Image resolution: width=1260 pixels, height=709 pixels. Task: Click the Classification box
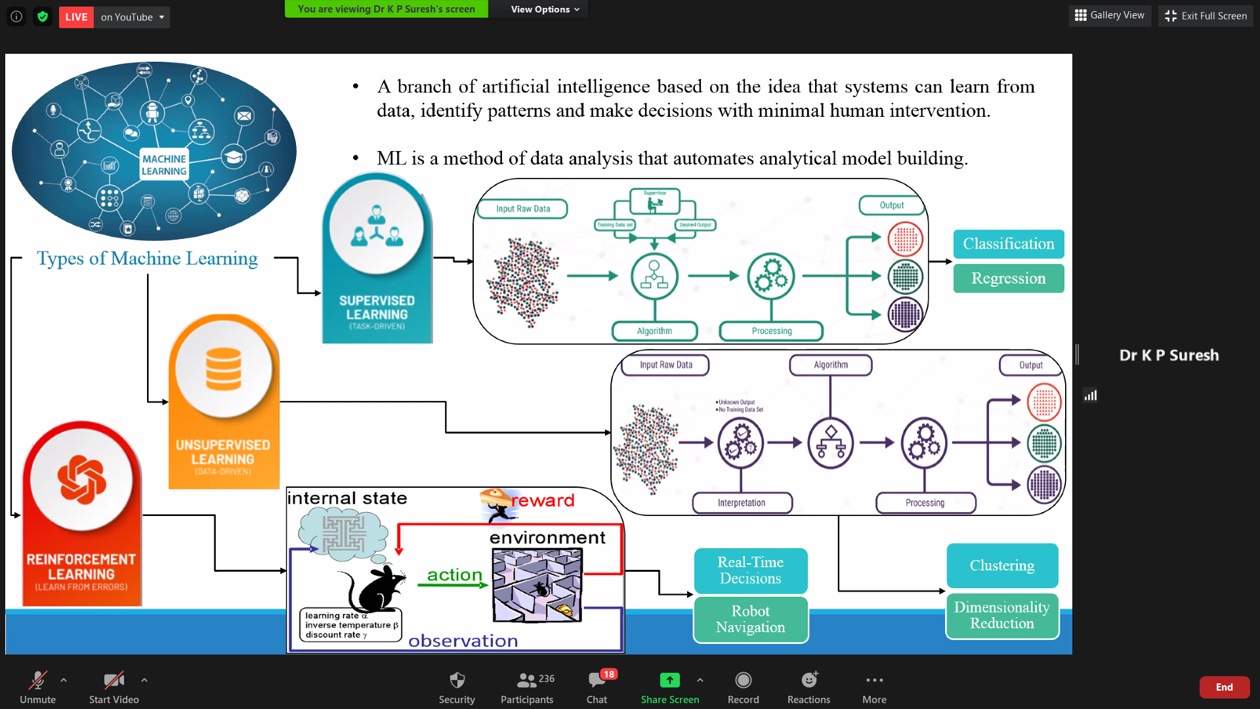pos(1008,244)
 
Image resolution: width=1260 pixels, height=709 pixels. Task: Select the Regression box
pos(1008,278)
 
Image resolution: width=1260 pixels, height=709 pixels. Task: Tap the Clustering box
pos(1002,566)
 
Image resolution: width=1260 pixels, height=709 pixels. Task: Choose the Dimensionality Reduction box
pos(1001,616)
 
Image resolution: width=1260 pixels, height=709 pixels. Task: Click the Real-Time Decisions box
pos(750,570)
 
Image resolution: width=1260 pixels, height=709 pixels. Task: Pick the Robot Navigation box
pos(750,619)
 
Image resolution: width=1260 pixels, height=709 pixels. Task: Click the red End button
pos(1224,687)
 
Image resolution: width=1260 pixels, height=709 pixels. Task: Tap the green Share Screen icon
pos(669,680)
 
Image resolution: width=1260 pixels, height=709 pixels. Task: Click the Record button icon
pos(743,680)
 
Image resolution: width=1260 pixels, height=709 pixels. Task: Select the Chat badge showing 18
pos(608,674)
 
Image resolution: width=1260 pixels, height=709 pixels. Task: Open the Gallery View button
pos(1110,15)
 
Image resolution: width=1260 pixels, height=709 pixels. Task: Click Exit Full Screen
pos(1206,16)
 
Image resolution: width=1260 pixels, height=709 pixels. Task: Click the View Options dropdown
pos(545,9)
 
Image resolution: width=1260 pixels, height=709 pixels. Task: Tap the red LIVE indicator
pos(76,17)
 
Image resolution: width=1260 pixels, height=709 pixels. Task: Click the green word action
pos(454,575)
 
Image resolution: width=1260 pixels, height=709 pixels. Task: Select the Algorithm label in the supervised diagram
pos(654,331)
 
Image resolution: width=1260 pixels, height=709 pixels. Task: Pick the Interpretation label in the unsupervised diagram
pos(742,503)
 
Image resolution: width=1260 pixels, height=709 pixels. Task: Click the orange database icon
pos(223,369)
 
